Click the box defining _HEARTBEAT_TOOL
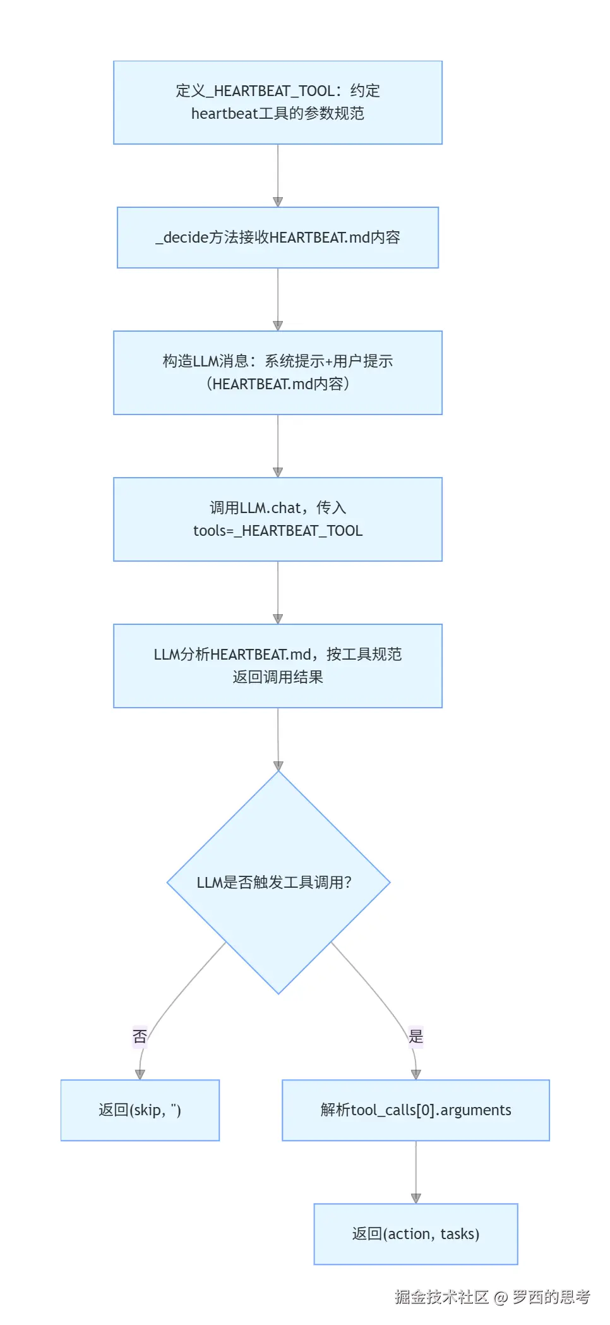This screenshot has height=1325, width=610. click(x=278, y=102)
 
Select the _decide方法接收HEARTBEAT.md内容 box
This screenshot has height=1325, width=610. click(x=278, y=238)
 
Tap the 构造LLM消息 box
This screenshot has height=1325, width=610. click(x=278, y=373)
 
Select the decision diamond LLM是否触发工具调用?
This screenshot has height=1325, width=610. click(x=278, y=883)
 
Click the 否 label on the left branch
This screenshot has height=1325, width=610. click(x=140, y=1037)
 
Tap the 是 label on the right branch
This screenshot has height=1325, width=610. click(x=416, y=1036)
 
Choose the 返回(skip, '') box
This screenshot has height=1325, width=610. click(x=140, y=1110)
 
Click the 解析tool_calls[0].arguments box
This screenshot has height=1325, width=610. click(x=416, y=1110)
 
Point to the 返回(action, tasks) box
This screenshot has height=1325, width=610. click(x=416, y=1234)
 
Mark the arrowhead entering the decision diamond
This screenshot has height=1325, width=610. click(x=278, y=766)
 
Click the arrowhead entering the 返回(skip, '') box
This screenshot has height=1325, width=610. click(x=140, y=1074)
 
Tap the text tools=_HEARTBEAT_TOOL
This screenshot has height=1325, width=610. click(x=278, y=531)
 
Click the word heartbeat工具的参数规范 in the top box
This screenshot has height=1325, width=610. click(x=278, y=114)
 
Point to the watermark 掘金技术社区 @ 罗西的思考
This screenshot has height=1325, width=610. click(x=492, y=1297)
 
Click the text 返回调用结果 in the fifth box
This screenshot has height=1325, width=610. click(x=278, y=677)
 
